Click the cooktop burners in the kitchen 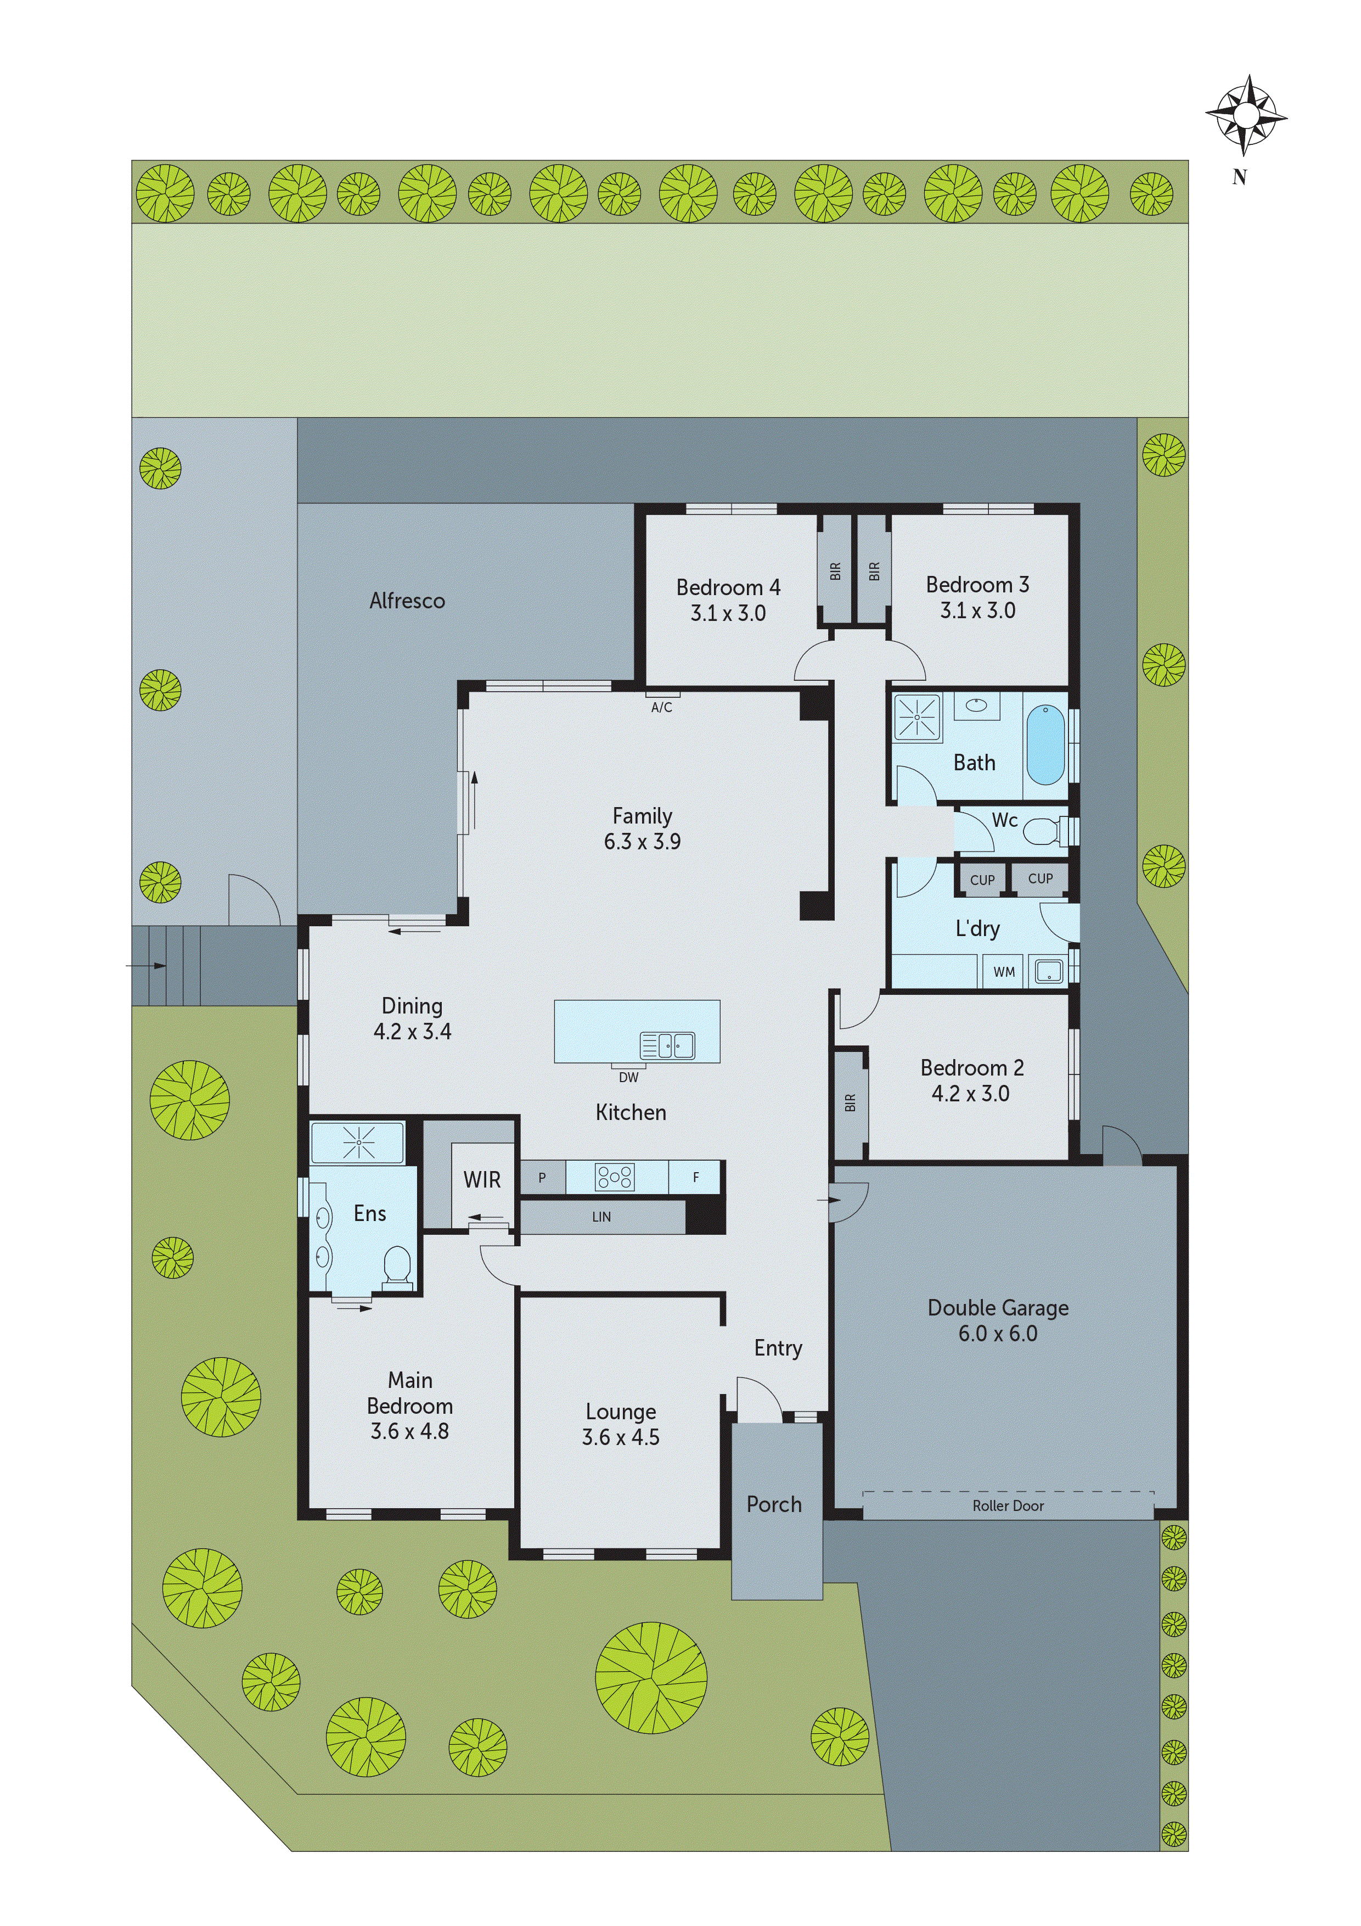[615, 1177]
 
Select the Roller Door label [1008, 1506]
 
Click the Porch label [774, 1504]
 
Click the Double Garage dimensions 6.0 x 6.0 [998, 1333]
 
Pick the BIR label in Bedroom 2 [850, 1102]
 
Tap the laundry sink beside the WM [1048, 971]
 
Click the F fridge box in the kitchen [695, 1177]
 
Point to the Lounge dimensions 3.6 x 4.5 [621, 1437]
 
